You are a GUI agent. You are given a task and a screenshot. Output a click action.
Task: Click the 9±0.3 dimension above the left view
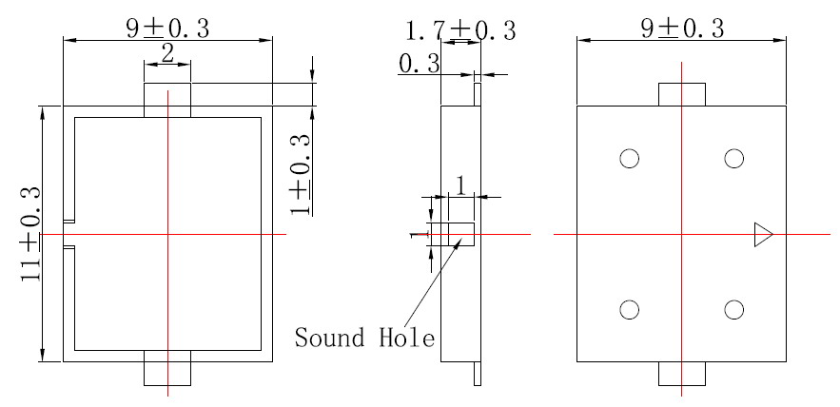point(167,28)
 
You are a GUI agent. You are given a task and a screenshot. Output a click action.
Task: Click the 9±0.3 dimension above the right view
point(681,28)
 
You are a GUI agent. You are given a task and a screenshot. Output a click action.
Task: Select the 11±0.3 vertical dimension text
point(29,233)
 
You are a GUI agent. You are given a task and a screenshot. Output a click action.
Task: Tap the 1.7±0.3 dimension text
point(460,30)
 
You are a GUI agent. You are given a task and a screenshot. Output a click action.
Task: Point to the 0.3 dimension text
point(420,65)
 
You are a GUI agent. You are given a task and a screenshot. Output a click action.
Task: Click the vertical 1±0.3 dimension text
point(301,173)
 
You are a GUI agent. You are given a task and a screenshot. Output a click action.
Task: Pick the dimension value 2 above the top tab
point(167,54)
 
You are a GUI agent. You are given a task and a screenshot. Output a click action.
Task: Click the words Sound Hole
point(364,338)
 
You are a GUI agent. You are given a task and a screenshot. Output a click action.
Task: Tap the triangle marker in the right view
point(762,234)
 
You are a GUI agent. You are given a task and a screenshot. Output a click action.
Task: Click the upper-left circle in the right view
point(629,158)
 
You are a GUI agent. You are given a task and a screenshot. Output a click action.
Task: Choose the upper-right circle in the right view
point(733,158)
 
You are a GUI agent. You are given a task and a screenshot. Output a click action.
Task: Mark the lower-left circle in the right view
point(629,309)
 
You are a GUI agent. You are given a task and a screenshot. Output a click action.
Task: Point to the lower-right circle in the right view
point(733,309)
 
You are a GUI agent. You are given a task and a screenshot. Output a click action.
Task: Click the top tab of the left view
point(167,99)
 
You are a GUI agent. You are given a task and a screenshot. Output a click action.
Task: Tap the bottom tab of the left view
point(167,369)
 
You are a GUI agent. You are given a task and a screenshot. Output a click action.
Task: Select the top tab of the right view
point(681,94)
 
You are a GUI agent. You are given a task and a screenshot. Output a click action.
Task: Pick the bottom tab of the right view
point(681,374)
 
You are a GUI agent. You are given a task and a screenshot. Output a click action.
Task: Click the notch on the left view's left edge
point(68,234)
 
